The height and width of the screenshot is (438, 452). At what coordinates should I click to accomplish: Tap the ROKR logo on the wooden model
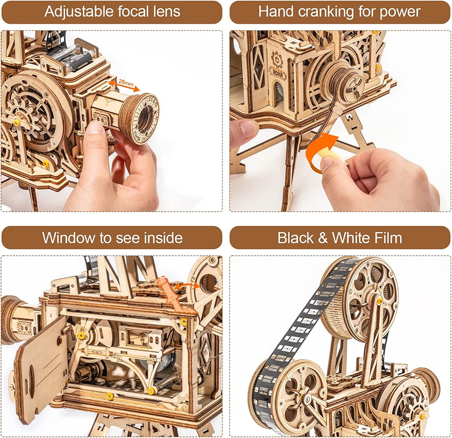click(x=277, y=72)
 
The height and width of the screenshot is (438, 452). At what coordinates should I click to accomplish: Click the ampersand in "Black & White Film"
click(x=322, y=238)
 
